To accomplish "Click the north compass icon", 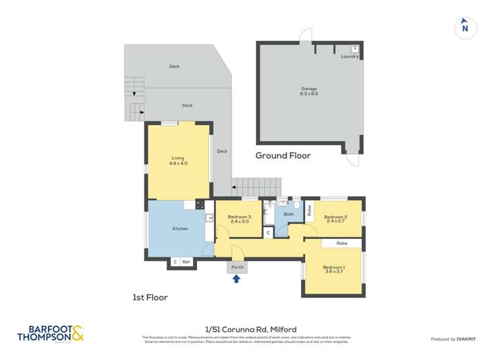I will [x=465, y=26].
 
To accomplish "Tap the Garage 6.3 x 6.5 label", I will [x=309, y=91].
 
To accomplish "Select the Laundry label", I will [x=350, y=57].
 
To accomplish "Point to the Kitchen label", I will [x=180, y=228].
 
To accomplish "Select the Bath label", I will [x=288, y=214].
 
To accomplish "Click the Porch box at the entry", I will [x=237, y=267].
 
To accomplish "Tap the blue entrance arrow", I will [x=236, y=280].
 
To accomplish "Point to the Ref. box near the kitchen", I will [x=186, y=262].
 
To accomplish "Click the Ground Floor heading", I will [x=283, y=156].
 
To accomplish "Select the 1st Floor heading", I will [x=150, y=297].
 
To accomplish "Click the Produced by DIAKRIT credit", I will [x=453, y=339].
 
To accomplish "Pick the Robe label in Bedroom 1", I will [x=341, y=243].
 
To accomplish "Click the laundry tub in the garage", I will [x=354, y=48].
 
